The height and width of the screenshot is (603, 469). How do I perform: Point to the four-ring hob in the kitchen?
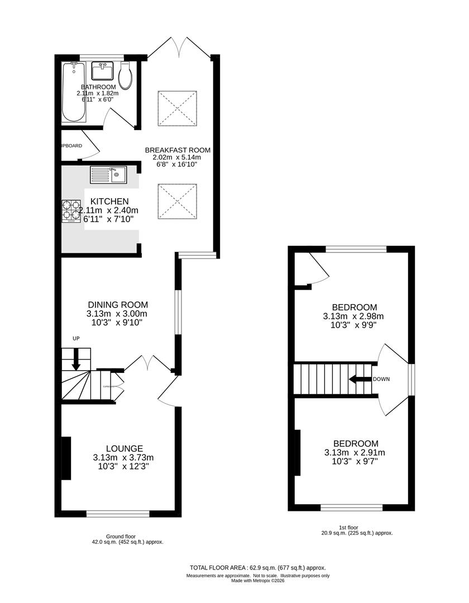coord(71,211)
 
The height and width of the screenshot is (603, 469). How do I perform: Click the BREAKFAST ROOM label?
coord(178,150)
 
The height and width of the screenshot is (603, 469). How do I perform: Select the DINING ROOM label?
coord(118,304)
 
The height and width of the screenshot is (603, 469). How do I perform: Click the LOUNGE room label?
coord(125,448)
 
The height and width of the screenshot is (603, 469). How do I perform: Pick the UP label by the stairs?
coord(76,338)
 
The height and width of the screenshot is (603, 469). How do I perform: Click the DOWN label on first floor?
coord(381,379)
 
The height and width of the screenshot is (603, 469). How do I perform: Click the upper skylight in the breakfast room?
coord(177,108)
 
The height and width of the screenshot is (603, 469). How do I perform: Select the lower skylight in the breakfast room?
coord(177,202)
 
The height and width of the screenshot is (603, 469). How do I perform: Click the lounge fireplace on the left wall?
coord(66,458)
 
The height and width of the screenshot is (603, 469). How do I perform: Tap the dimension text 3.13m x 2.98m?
coord(354,317)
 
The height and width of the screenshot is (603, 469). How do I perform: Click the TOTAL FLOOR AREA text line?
coord(257,567)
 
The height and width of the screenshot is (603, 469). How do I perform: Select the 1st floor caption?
coord(348,527)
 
